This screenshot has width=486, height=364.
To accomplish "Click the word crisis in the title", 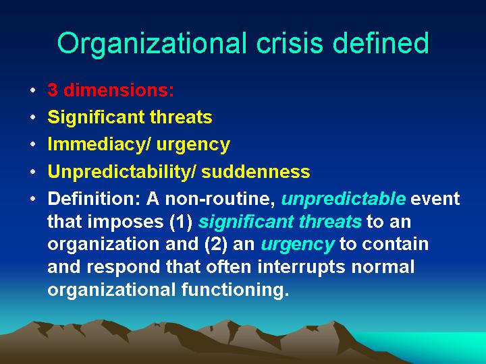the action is (x=290, y=42).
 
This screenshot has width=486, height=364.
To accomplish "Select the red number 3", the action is (x=53, y=90).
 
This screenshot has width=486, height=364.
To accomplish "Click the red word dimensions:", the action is (x=118, y=90).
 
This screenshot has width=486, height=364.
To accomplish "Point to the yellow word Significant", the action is (x=97, y=117).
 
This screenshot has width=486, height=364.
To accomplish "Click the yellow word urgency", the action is (x=193, y=146).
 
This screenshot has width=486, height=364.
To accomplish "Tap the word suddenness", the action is (x=256, y=171).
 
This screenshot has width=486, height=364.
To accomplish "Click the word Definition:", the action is (x=94, y=198).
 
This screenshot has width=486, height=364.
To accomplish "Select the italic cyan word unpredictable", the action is (x=344, y=200).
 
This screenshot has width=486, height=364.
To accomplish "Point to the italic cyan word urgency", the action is (x=298, y=245).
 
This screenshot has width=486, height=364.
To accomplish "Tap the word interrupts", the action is (x=301, y=267).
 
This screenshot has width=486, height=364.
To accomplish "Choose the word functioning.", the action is (x=235, y=290).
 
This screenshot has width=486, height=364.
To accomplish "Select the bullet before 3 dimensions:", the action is (x=33, y=91).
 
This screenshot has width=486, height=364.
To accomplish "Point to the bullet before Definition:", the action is (x=33, y=200).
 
